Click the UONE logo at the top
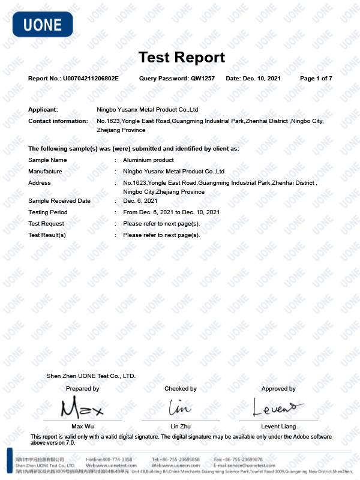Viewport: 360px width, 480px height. click(42, 25)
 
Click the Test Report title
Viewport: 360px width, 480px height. click(181, 58)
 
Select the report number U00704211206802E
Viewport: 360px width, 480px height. click(91, 79)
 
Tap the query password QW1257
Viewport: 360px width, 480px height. click(203, 79)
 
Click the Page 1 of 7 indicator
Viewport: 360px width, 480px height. click(316, 79)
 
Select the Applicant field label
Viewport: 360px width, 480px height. click(43, 110)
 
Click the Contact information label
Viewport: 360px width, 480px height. click(58, 121)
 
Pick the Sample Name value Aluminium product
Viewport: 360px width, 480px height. click(148, 160)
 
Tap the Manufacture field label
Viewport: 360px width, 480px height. click(45, 172)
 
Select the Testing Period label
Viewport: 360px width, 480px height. click(47, 212)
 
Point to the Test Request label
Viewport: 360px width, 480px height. click(46, 224)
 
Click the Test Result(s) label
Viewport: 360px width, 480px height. click(47, 235)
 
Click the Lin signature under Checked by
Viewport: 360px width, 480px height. click(180, 408)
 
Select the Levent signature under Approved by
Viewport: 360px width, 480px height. click(274, 408)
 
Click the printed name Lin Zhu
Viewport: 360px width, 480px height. click(181, 427)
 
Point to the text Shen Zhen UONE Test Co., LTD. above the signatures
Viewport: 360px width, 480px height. click(91, 376)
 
